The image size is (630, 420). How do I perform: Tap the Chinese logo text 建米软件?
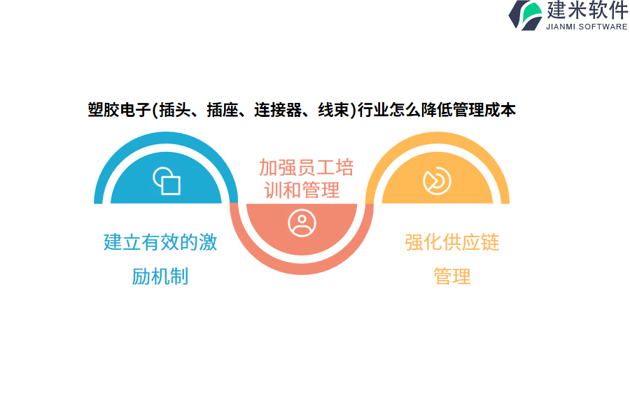point(587,10)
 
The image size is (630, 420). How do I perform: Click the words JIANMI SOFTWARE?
point(587,27)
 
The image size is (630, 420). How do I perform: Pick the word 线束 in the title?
point(334,110)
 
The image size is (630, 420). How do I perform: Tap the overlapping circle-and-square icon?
point(167,181)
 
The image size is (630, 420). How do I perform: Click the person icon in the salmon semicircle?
point(302,223)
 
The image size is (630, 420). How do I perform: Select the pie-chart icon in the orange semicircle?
point(437,181)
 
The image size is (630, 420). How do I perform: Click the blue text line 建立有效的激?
point(160,242)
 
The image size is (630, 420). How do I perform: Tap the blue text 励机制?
point(160,276)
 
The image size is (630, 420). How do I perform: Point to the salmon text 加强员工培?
point(306,167)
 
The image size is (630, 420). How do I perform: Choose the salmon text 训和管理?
point(302,190)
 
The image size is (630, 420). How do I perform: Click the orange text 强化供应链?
point(452,242)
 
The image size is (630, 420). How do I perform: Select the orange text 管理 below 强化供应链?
point(452,276)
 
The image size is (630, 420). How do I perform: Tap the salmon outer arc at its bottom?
point(302,270)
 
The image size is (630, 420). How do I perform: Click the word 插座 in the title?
point(223,110)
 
